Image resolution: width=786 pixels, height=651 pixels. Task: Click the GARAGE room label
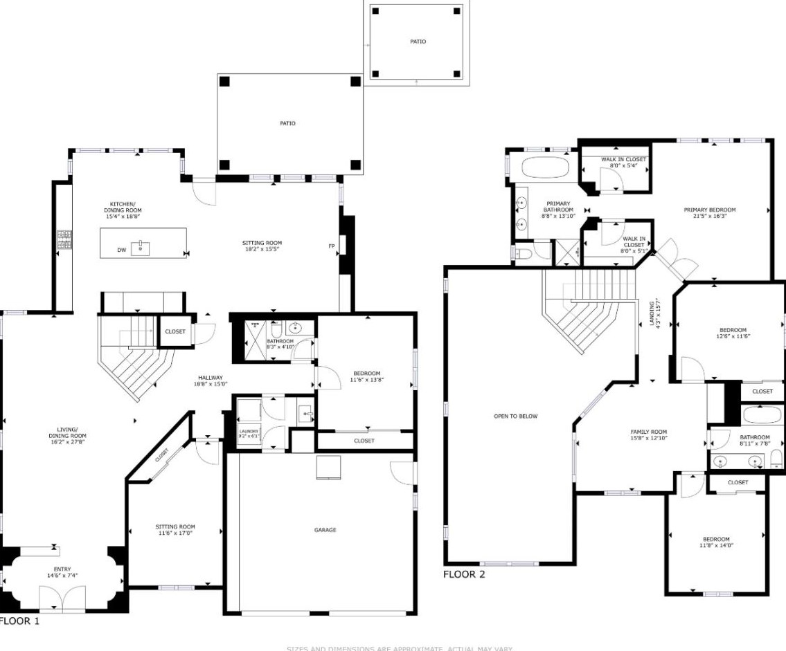pyautogui.click(x=325, y=530)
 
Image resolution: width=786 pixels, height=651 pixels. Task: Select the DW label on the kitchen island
pyautogui.click(x=121, y=250)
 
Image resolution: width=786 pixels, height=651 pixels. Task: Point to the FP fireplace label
pyautogui.click(x=331, y=246)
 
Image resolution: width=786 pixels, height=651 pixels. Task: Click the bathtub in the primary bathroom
pyautogui.click(x=544, y=167)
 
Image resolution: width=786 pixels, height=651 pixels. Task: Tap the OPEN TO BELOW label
pyautogui.click(x=515, y=416)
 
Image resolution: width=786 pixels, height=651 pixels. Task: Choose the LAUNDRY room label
pyautogui.click(x=249, y=431)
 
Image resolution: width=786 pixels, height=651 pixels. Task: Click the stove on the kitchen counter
pyautogui.click(x=64, y=239)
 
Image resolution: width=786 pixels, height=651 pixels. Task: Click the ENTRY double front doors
pyautogui.click(x=62, y=598)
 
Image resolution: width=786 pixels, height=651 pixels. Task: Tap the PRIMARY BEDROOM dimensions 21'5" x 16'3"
pyautogui.click(x=709, y=216)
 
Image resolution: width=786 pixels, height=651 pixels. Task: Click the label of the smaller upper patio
pyautogui.click(x=418, y=42)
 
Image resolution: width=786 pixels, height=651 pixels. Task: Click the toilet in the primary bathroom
pyautogui.click(x=523, y=254)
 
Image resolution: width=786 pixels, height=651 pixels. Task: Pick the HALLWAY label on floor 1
pyautogui.click(x=211, y=377)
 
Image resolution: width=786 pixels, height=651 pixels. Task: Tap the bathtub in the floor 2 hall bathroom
pyautogui.click(x=762, y=415)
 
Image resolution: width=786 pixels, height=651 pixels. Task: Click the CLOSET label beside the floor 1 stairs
pyautogui.click(x=175, y=331)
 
